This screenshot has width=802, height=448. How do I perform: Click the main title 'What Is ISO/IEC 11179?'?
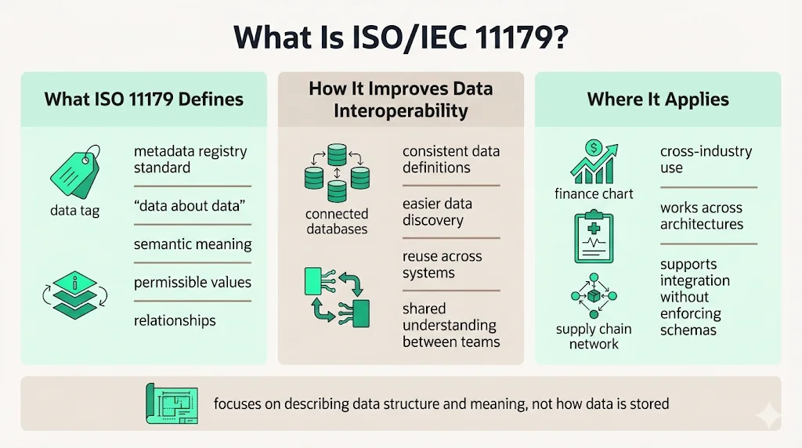400,38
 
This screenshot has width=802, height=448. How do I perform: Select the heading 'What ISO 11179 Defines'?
143,99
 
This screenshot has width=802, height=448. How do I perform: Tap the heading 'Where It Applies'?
658,99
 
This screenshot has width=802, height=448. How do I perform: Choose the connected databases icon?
337,173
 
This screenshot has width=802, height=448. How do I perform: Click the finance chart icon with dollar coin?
594,161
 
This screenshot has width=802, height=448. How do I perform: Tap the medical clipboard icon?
594,237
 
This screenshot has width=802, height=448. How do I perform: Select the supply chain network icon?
594,296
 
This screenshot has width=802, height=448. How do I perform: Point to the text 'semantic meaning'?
193,244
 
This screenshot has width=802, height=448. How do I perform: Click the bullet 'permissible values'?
193,282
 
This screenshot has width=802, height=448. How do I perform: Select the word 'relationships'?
175,320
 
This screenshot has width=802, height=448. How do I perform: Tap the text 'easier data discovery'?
437,212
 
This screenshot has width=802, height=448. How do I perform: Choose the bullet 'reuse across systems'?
442,265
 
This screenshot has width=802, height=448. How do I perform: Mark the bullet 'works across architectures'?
701,216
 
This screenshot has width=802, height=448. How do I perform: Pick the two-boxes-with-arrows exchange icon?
336,294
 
